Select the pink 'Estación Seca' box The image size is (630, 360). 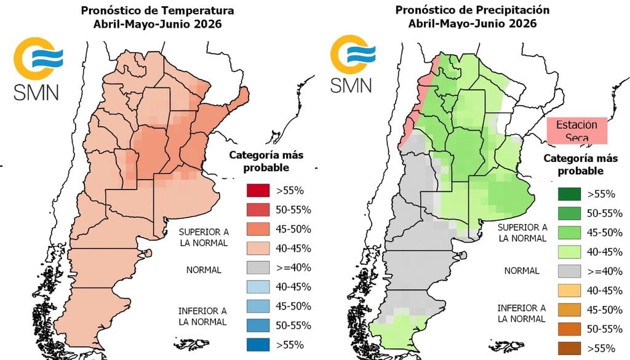576,130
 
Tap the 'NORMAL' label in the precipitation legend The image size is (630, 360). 521,271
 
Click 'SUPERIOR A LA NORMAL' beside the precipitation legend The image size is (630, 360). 521,232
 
